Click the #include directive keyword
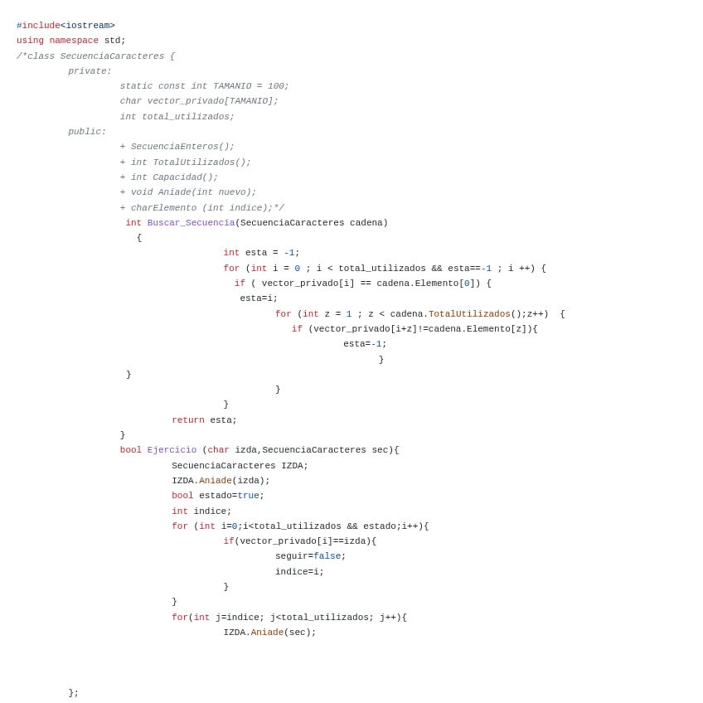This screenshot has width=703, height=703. pyautogui.click(x=38, y=26)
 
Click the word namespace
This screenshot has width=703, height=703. pyautogui.click(x=74, y=41)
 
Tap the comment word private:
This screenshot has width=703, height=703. pyautogui.click(x=90, y=71)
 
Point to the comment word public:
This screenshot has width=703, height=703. pyautogui.click(x=87, y=132)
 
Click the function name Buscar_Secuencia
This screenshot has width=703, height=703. pyautogui.click(x=191, y=223)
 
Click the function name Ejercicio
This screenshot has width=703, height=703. pyautogui.click(x=172, y=450)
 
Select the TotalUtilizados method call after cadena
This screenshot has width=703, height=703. pyautogui.click(x=469, y=314)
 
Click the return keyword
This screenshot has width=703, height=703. pyautogui.click(x=188, y=420)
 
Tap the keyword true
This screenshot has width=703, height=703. pyautogui.click(x=248, y=496)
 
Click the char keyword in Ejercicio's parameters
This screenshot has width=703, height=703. pyautogui.click(x=218, y=450)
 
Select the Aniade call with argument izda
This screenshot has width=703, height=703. pyautogui.click(x=215, y=481)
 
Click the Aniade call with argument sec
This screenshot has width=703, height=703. pyautogui.click(x=267, y=633)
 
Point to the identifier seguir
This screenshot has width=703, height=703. pyautogui.click(x=291, y=556)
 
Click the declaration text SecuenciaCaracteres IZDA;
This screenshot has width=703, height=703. pyautogui.click(x=240, y=466)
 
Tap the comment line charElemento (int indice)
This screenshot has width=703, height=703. pyautogui.click(x=206, y=208)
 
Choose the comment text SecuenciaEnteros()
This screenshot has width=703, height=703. pyautogui.click(x=182, y=147)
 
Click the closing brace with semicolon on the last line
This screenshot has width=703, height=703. pyautogui.click(x=74, y=693)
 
